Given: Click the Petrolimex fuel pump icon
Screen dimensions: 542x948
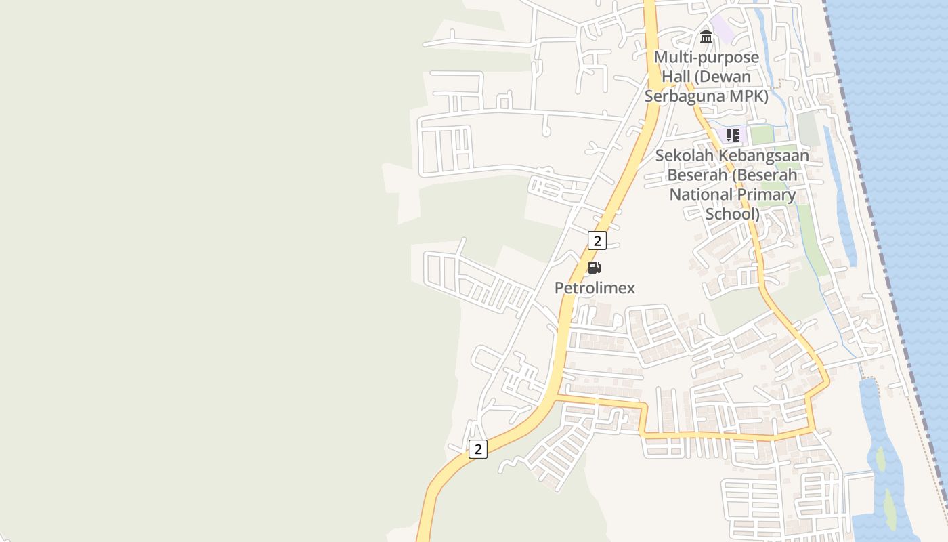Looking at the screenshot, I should coord(594,268).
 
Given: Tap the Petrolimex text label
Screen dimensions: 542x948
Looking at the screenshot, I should coord(595,288).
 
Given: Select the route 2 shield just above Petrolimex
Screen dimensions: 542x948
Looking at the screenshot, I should coord(597,241).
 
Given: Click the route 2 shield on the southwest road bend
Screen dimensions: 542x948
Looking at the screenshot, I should coord(478,449).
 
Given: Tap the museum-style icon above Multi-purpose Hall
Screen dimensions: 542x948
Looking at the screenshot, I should coord(706,37).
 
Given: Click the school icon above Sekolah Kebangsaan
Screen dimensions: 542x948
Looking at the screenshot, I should coord(732,135).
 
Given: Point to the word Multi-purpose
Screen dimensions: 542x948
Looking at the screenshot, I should coord(706,57).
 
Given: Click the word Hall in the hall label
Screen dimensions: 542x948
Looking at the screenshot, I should coord(676,77).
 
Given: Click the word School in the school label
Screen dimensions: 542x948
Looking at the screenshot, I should coord(732,215).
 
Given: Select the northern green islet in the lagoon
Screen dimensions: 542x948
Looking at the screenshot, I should coord(880,459).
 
